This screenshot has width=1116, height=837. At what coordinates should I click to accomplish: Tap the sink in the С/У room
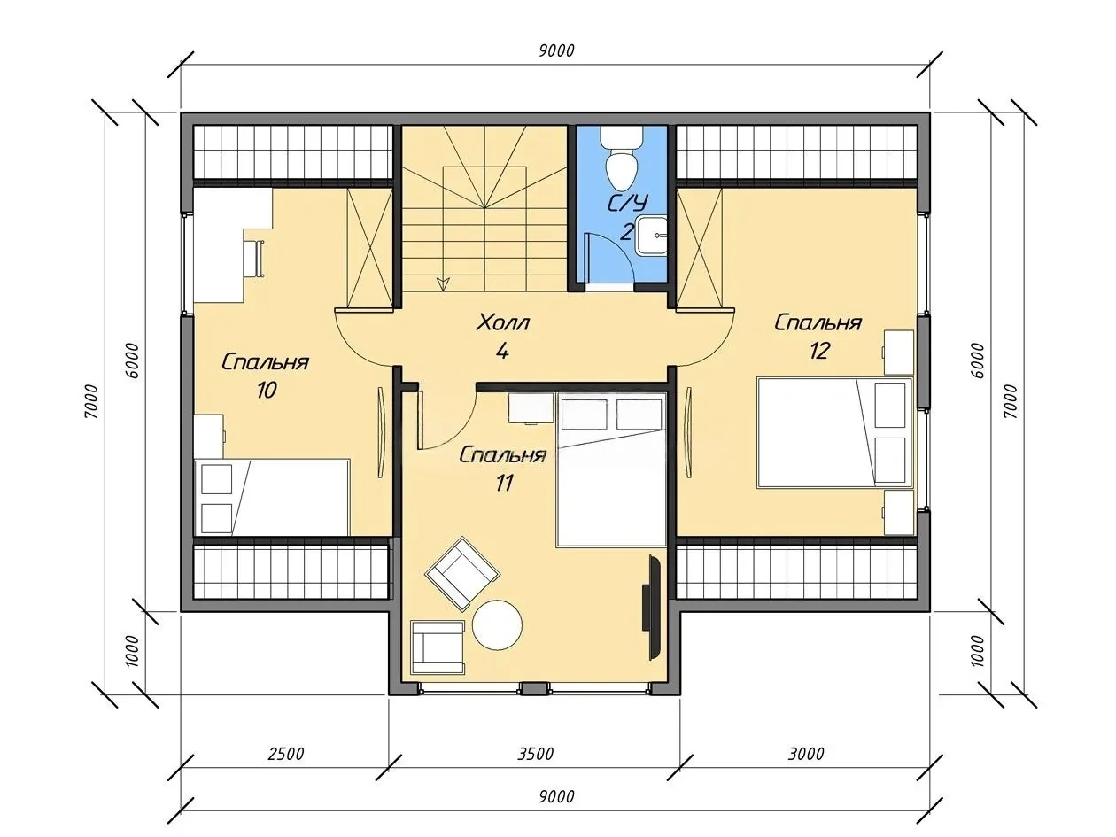click(651, 236)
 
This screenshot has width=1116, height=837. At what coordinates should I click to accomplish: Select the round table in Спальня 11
click(497, 624)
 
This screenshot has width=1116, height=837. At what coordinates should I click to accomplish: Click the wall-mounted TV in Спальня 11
click(652, 608)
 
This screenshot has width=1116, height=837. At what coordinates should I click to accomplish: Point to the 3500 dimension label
click(535, 754)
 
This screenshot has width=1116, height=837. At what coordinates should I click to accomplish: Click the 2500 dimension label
click(286, 754)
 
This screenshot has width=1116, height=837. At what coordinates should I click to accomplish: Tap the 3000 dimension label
click(806, 754)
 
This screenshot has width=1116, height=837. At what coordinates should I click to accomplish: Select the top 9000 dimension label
click(557, 50)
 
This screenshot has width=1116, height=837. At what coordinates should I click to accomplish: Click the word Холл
click(502, 323)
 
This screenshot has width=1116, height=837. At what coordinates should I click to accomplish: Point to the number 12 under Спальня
click(819, 350)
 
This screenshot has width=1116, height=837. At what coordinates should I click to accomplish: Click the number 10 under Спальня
click(267, 391)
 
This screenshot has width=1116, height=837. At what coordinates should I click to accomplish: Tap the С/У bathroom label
click(629, 204)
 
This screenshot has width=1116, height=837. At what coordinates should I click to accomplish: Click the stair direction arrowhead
click(444, 283)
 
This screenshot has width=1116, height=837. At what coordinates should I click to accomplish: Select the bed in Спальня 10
click(272, 497)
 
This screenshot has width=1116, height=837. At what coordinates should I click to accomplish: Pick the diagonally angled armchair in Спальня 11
click(461, 573)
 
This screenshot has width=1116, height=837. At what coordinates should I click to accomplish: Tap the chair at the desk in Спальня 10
click(254, 259)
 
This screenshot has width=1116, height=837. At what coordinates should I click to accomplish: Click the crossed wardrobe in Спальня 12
click(699, 248)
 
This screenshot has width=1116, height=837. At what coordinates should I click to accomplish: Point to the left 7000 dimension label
click(91, 401)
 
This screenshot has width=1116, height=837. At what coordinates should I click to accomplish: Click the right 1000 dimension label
click(978, 651)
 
